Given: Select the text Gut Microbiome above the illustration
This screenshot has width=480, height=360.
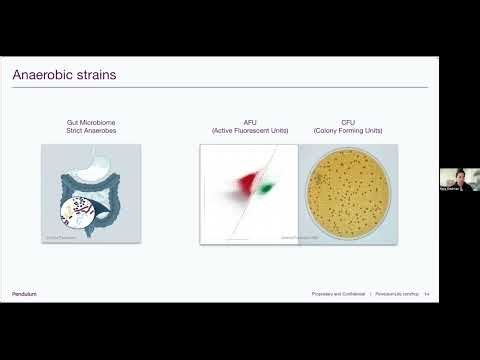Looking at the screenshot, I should tap(91, 122).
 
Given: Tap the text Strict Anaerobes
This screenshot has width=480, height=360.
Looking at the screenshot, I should tap(91, 131).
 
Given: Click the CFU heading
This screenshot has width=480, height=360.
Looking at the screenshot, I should tap(348, 122).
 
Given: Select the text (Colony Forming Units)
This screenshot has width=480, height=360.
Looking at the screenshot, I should tap(348, 131).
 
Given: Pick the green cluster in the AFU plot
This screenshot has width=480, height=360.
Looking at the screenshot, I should tap(267, 187).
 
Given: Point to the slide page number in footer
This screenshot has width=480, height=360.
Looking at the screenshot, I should tap(426, 293).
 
